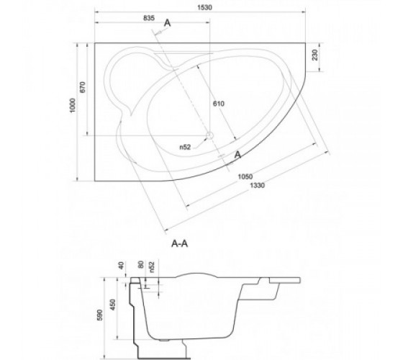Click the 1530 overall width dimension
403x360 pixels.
tap(205, 7)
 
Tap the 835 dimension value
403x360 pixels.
tap(149, 18)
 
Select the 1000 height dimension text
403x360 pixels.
tap(73, 105)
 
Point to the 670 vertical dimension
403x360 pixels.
tap(83, 87)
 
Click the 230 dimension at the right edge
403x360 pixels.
tap(315, 55)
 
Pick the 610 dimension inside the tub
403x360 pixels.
tap(219, 104)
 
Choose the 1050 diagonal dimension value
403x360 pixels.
tap(245, 176)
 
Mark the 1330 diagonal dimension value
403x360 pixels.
tap(257, 186)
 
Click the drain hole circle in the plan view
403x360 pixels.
tap(210, 135)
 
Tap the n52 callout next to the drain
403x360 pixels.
tap(185, 147)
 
